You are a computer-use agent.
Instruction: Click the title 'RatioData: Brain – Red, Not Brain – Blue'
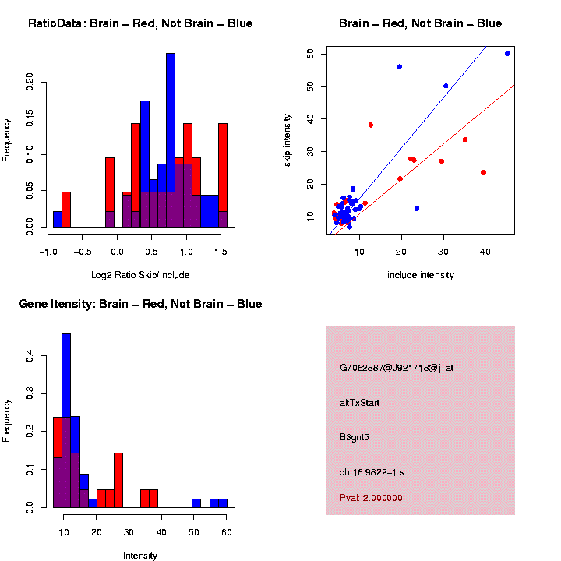click(140, 23)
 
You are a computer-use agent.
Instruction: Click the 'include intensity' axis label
click(421, 275)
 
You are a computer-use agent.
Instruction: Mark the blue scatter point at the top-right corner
click(507, 54)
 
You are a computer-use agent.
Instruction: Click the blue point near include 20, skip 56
click(400, 67)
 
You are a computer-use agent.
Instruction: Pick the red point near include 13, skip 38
click(371, 125)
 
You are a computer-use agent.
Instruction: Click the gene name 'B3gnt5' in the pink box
click(355, 437)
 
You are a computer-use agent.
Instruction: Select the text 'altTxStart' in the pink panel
click(360, 403)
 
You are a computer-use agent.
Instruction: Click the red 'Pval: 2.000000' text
click(371, 497)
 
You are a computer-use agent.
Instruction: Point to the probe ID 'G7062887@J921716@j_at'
click(397, 368)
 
